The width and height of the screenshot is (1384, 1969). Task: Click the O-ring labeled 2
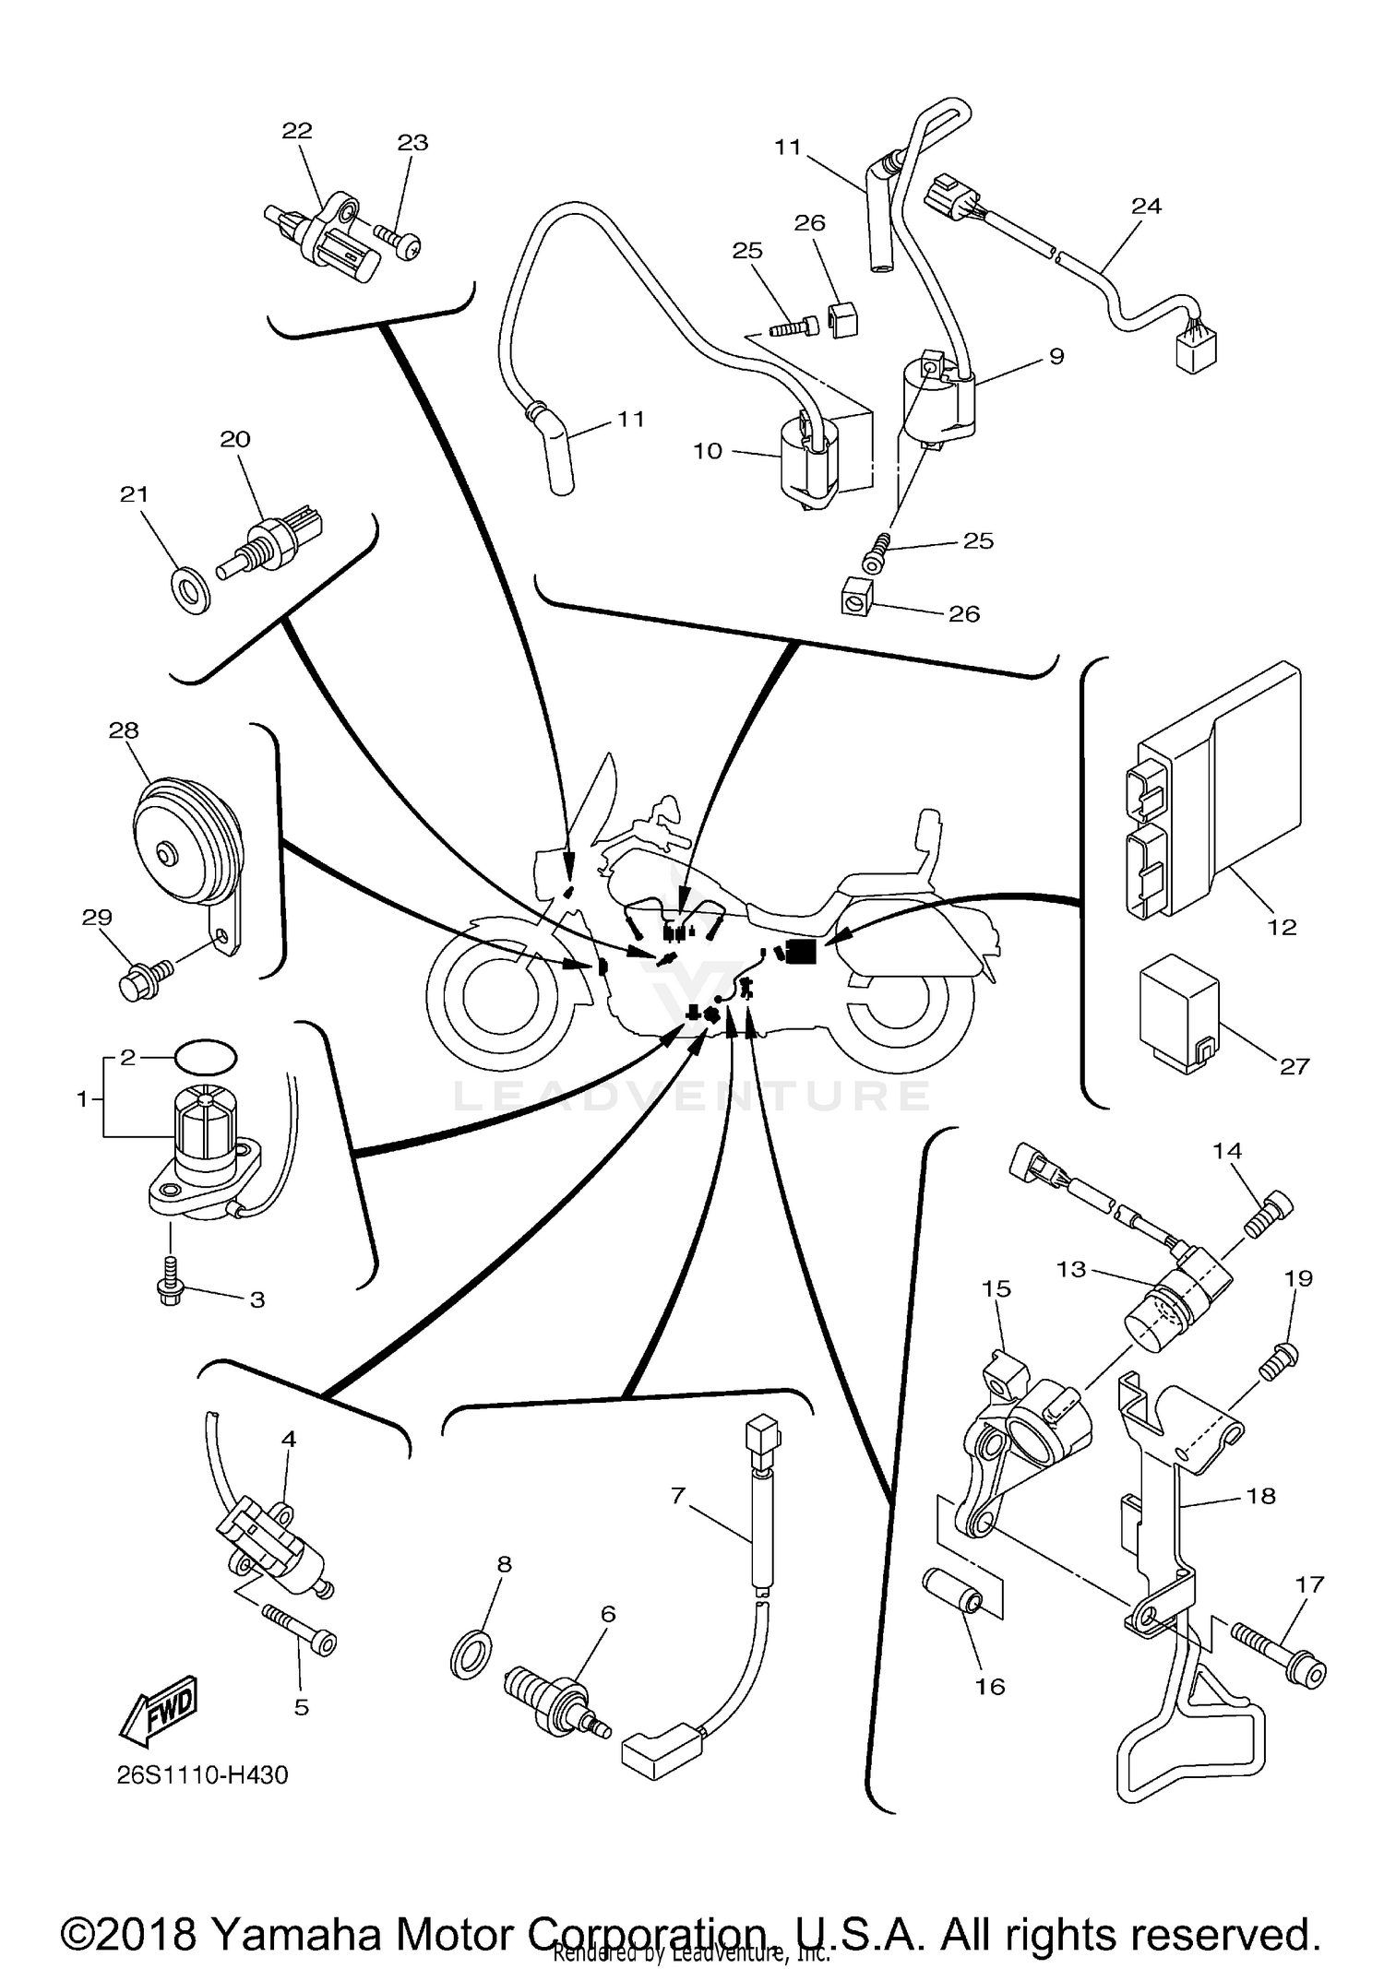click(x=205, y=1056)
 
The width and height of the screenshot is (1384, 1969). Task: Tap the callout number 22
click(x=297, y=131)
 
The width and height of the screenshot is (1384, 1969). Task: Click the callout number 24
click(x=1146, y=206)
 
